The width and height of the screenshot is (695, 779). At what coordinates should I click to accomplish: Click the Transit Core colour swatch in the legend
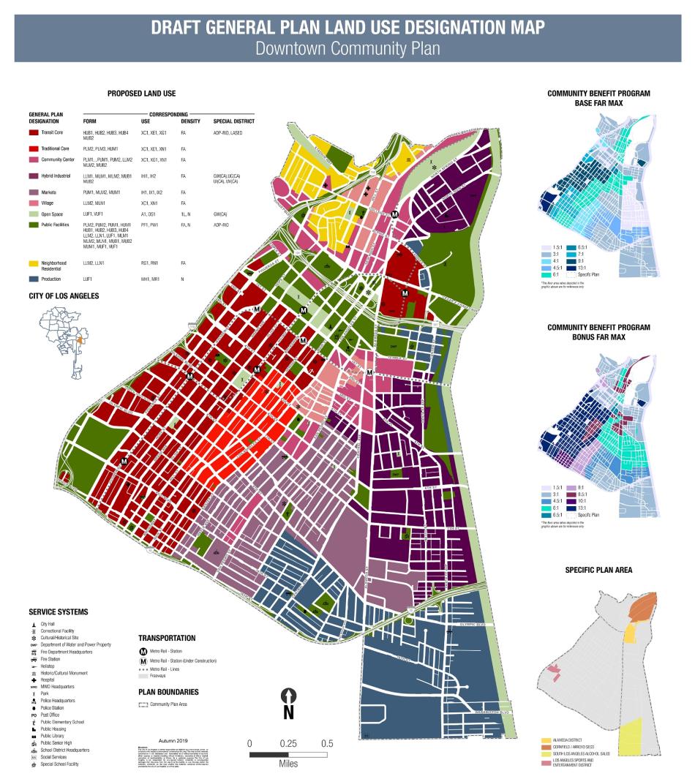(34, 134)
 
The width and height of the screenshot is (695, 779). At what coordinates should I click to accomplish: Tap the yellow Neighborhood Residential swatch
(34, 262)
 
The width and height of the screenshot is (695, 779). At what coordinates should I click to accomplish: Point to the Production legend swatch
(34, 279)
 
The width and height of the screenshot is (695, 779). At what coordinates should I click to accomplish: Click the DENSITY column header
(190, 121)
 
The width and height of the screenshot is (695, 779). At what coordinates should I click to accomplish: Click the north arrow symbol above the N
(289, 695)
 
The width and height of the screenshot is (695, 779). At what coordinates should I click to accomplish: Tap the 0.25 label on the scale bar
(288, 743)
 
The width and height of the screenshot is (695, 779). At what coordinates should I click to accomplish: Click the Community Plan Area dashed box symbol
(143, 704)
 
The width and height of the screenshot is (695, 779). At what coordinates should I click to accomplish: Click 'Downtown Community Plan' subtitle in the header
(347, 48)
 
